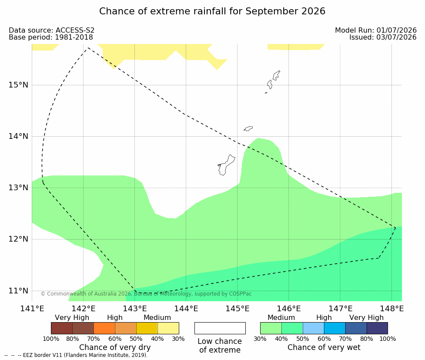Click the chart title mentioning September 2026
tap(212, 11)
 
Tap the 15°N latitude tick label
tap(18, 85)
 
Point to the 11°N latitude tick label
tap(18, 291)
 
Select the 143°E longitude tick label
tap(135, 309)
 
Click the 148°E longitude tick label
tap(392, 309)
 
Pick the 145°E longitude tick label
tap(238, 309)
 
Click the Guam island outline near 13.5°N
tap(226, 165)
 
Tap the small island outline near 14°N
tap(248, 128)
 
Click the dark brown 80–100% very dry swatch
tap(62, 328)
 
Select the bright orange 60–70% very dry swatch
tap(104, 328)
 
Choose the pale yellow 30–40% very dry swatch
tap(168, 328)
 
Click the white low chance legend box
tap(220, 328)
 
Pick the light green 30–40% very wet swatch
tap(271, 328)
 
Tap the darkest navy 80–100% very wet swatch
tap(377, 328)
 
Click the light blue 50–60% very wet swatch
tap(314, 328)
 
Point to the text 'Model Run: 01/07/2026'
tap(376, 30)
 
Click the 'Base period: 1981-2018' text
tap(51, 37)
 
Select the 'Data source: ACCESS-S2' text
tap(51, 30)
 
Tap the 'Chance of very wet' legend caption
tap(324, 347)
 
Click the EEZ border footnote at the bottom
tap(76, 355)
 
